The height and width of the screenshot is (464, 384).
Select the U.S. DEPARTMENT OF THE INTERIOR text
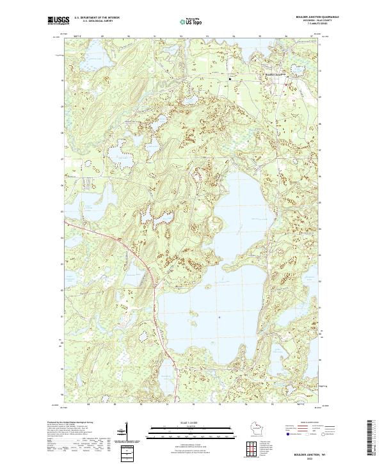pyautogui.click(x=97, y=17)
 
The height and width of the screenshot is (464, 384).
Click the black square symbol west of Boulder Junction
pyautogui.click(x=230, y=78)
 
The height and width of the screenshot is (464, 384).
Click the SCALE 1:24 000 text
pyautogui.click(x=191, y=422)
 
